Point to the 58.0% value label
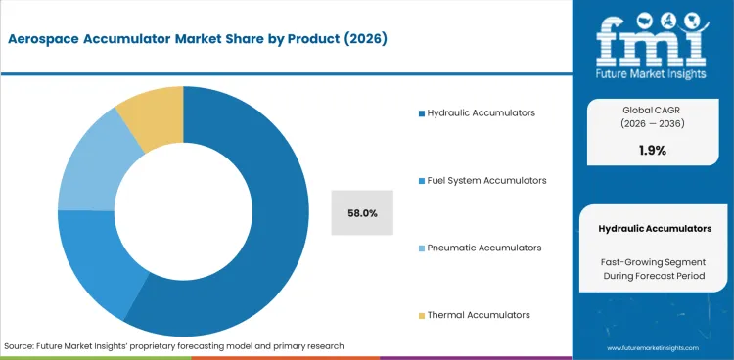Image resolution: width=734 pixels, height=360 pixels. tap(362, 212)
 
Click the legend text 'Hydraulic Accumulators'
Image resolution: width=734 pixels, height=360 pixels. tap(481, 113)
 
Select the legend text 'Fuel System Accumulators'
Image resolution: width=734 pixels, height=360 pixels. tap(486, 181)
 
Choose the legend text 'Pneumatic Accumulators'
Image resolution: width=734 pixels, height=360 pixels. tap(483, 247)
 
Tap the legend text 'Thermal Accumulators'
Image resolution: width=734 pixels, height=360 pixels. tap(478, 315)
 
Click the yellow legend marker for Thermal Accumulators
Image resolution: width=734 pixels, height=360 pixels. tap(421, 315)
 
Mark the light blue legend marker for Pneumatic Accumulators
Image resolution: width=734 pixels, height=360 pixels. tap(421, 247)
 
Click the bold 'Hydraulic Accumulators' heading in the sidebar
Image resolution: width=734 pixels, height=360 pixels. tap(655, 228)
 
